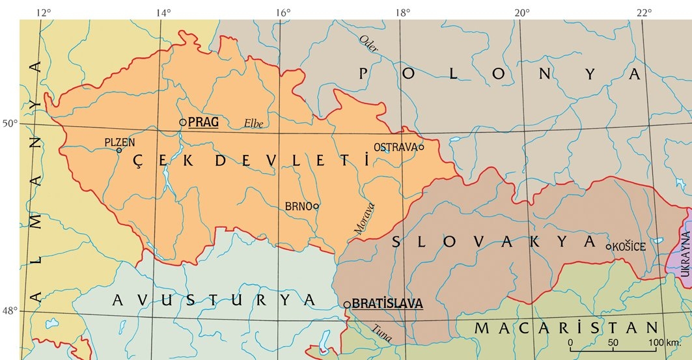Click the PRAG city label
(203, 122)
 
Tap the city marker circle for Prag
(182, 122)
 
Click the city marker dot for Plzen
(119, 150)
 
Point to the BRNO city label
(298, 206)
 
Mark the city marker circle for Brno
(316, 206)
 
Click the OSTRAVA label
(395, 147)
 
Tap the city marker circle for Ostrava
(421, 147)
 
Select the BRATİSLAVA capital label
(387, 303)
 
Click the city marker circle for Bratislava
(347, 304)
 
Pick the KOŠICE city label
(629, 247)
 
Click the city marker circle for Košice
(609, 247)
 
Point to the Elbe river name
(253, 123)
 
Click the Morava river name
(365, 218)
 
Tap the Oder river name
(368, 44)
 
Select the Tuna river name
(382, 333)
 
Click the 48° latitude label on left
(10, 311)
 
